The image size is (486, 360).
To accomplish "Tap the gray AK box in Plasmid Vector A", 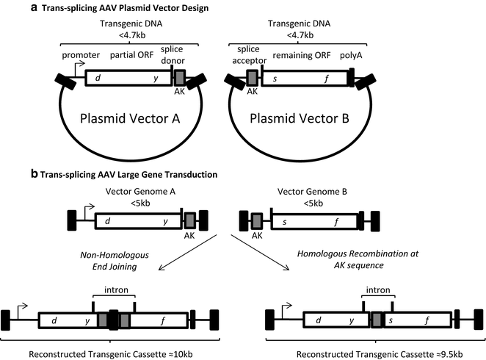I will point(180,78).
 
